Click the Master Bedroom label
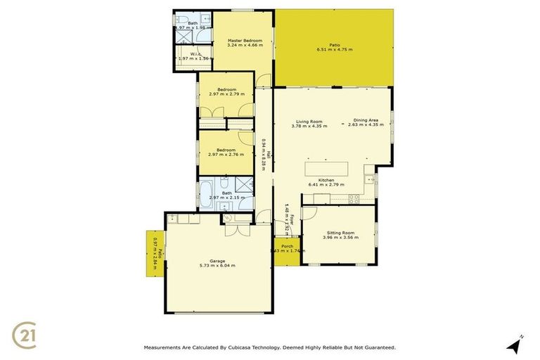245,41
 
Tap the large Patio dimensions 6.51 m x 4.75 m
335,50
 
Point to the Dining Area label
366,120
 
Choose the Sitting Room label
340,232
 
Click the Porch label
287,246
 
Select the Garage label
217,261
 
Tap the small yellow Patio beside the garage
155,253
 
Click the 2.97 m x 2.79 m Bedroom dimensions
226,94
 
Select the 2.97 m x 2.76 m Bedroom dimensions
226,154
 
